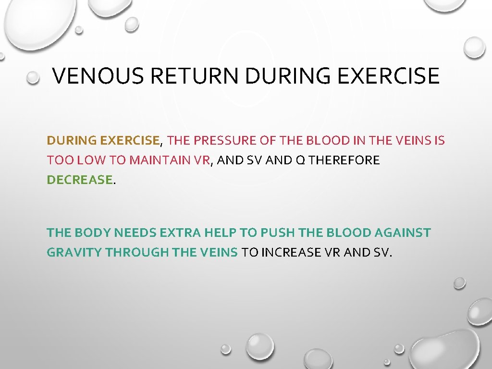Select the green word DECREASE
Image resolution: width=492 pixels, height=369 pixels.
(79, 180)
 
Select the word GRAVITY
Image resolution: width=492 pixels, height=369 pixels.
(74, 252)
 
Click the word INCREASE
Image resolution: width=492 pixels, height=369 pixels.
(289, 252)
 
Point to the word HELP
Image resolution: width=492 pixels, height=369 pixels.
(221, 233)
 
